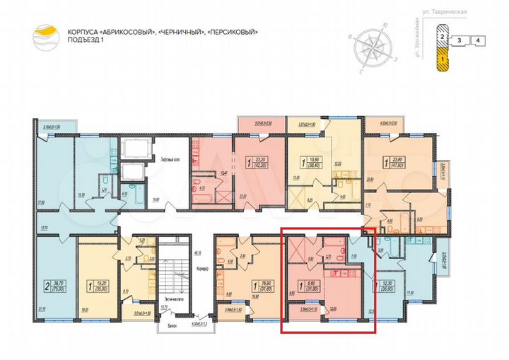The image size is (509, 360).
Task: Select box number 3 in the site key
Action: point(460,41)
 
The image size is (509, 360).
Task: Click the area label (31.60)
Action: point(267,289)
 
